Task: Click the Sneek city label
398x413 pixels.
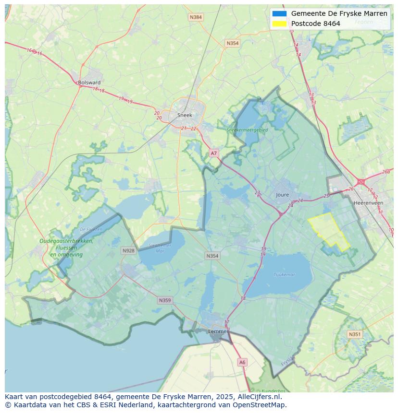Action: click(185, 115)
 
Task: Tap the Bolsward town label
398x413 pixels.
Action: click(89, 83)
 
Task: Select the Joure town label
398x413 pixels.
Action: click(283, 195)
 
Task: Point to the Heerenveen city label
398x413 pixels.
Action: click(368, 203)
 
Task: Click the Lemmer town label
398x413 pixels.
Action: click(218, 331)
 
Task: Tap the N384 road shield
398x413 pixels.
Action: click(196, 17)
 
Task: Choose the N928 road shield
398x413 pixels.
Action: click(128, 250)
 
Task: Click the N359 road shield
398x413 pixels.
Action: click(164, 300)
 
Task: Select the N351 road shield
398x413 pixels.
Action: click(355, 334)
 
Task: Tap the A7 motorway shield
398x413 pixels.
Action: click(214, 153)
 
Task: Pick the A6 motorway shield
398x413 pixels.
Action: click(242, 363)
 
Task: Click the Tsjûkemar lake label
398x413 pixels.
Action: click(284, 275)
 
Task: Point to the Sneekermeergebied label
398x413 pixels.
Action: click(247, 130)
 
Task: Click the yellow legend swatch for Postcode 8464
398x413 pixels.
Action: click(279, 24)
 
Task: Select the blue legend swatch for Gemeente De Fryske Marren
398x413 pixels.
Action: click(279, 14)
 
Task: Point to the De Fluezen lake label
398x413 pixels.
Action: click(91, 229)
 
